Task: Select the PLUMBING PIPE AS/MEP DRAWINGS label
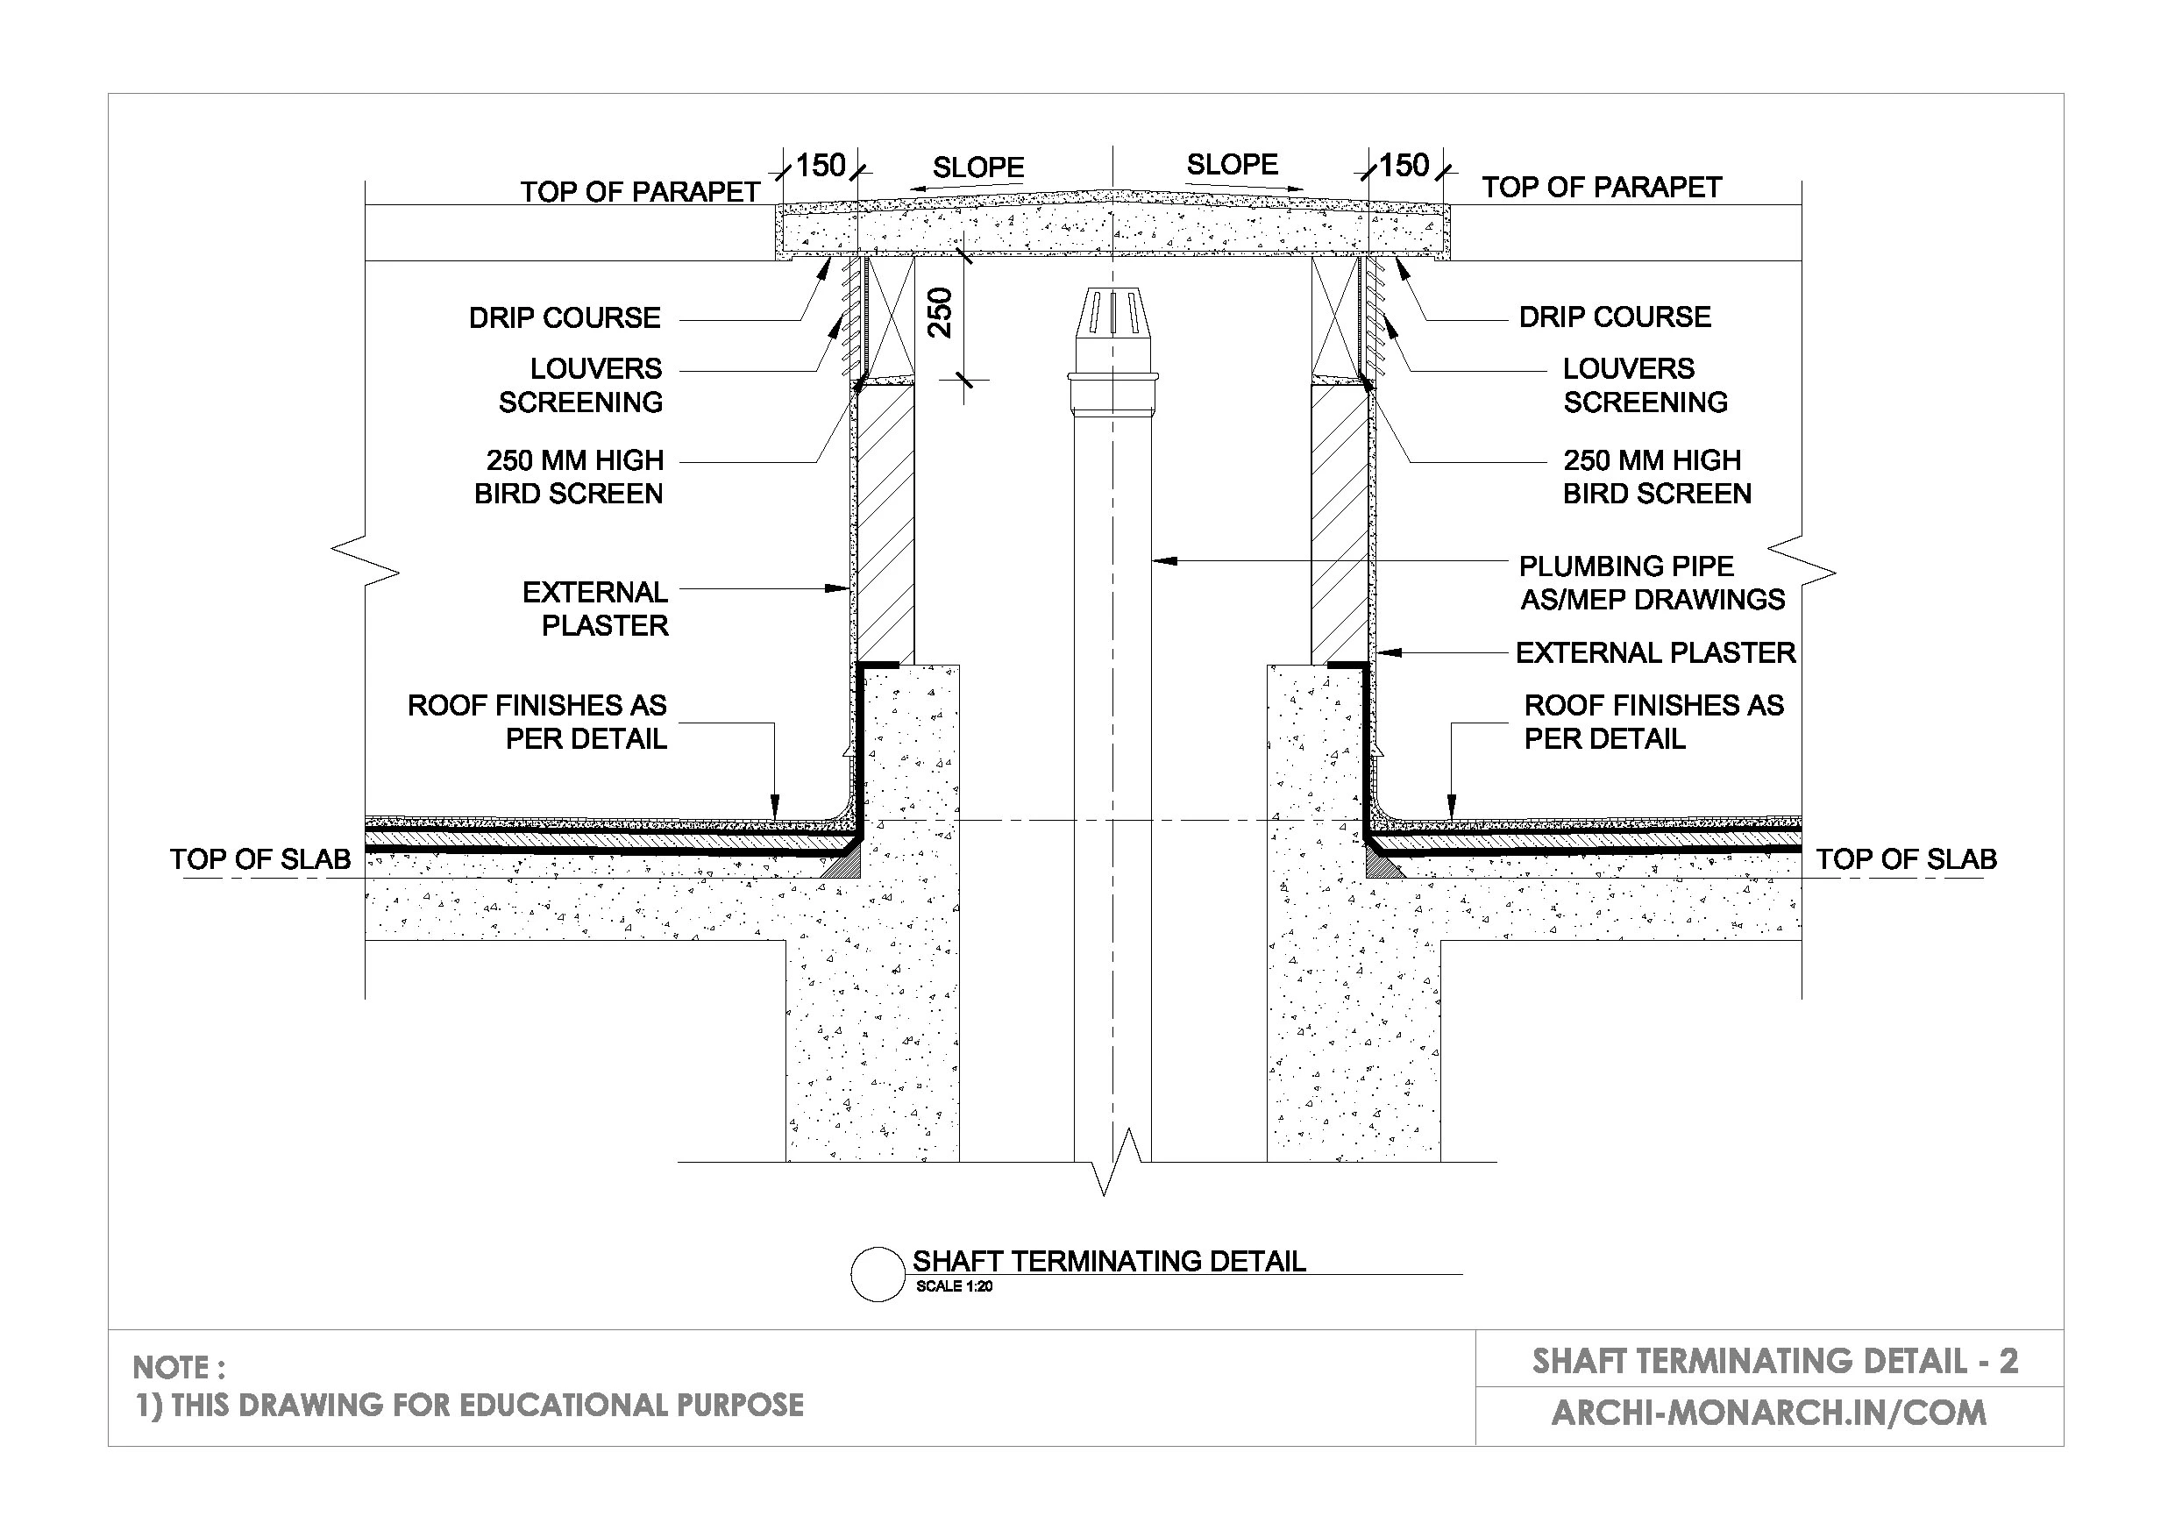click(1651, 583)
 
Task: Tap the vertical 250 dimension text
click(940, 312)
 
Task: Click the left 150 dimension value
click(820, 166)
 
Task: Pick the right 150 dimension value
click(1403, 166)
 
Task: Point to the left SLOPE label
click(977, 167)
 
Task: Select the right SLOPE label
click(1232, 165)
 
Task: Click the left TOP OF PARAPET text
click(639, 191)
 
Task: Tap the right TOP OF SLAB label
click(1906, 859)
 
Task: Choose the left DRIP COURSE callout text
click(565, 317)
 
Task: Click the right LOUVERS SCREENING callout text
click(1645, 385)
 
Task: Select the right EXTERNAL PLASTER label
click(1655, 653)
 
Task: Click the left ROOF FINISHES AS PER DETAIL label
click(537, 721)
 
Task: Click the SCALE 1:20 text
click(954, 1287)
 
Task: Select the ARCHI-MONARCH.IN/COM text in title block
click(1767, 1413)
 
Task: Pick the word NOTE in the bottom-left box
click(172, 1367)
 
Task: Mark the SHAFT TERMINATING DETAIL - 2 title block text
click(1774, 1362)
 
